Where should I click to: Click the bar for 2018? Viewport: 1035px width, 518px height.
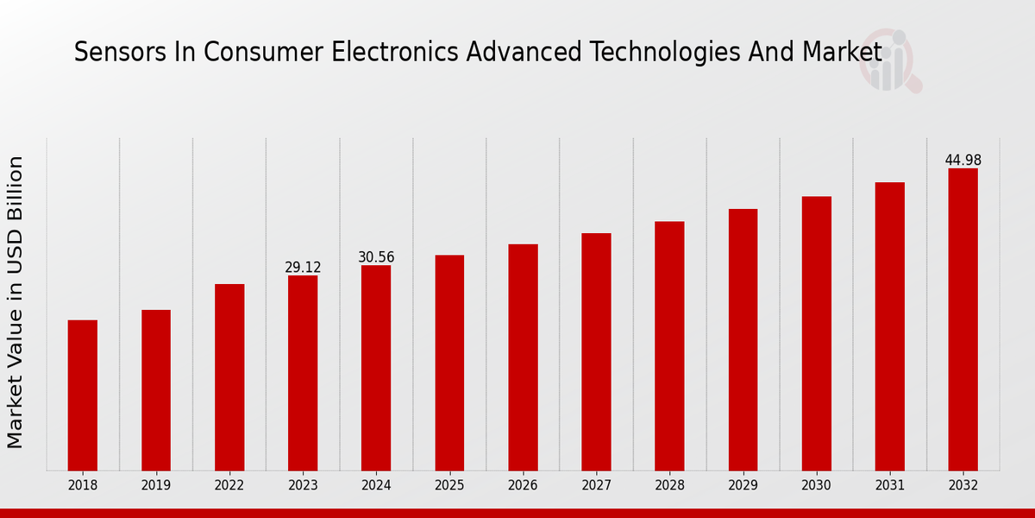(x=83, y=395)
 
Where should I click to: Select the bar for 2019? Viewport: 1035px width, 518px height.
(x=156, y=390)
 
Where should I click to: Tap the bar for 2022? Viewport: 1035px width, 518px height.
(x=229, y=377)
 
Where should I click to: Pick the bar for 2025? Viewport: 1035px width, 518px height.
(x=449, y=363)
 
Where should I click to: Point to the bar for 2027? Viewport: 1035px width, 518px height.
(x=596, y=352)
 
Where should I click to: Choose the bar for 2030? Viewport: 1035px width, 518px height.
(x=816, y=333)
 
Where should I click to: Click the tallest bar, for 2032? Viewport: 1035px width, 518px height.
(x=963, y=319)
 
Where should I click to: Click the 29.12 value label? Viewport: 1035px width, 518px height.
(x=303, y=268)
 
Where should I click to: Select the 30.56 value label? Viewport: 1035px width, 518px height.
(x=376, y=257)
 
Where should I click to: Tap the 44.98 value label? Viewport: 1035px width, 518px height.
(x=963, y=161)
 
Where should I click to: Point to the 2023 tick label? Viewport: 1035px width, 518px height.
(x=303, y=486)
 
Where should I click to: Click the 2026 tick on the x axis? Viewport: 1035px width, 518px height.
(x=523, y=486)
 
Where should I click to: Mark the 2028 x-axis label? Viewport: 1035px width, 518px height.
(x=669, y=486)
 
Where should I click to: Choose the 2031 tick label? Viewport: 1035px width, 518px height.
(x=889, y=486)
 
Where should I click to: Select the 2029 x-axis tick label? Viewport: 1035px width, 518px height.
(x=743, y=486)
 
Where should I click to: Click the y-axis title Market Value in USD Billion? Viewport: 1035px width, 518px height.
(x=16, y=302)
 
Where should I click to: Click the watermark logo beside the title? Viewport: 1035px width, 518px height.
(x=889, y=62)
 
